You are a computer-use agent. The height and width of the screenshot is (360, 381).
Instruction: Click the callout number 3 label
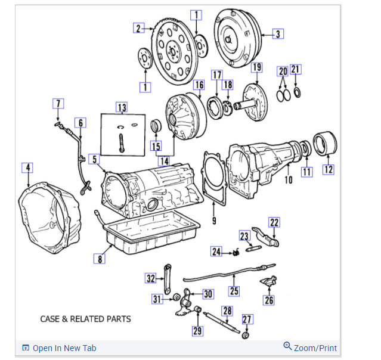[278, 34]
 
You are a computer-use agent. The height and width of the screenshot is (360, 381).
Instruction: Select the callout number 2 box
[138, 29]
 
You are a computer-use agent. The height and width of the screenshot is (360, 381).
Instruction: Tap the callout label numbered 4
[27, 167]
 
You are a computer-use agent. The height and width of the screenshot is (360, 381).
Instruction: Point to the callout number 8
[100, 258]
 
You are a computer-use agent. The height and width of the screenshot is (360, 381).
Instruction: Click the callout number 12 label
[329, 169]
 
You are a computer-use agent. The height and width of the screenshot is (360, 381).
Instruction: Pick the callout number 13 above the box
[122, 108]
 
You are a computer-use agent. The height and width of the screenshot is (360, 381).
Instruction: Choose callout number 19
[256, 67]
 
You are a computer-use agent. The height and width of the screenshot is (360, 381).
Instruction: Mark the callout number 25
[234, 291]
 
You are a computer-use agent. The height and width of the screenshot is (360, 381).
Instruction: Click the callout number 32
[151, 278]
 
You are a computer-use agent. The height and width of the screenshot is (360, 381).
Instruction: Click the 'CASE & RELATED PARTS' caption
[85, 319]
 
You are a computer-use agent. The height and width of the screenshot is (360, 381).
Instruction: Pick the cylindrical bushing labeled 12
[324, 144]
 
